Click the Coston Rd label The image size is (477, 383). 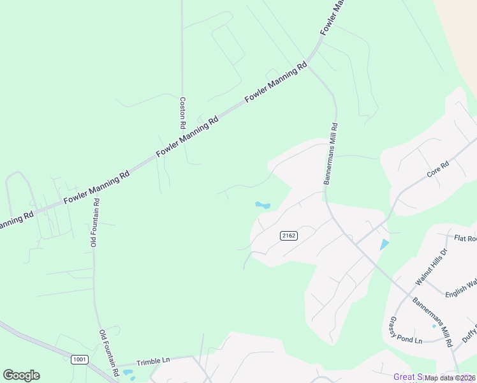pyautogui.click(x=182, y=112)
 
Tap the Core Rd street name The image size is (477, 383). pyautogui.click(x=438, y=169)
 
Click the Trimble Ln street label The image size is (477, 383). pyautogui.click(x=152, y=360)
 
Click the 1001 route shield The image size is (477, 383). pyautogui.click(x=79, y=359)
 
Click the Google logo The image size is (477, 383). pyautogui.click(x=21, y=375)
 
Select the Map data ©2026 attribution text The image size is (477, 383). pyautogui.click(x=450, y=378)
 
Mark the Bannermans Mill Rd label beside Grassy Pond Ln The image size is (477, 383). pyautogui.click(x=432, y=322)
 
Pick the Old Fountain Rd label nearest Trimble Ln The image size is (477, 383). pyautogui.click(x=108, y=353)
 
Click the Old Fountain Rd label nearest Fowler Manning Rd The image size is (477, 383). pyautogui.click(x=94, y=223)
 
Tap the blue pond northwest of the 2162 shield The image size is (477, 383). pyautogui.click(x=262, y=206)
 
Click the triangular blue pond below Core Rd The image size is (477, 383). pyautogui.click(x=384, y=244)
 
